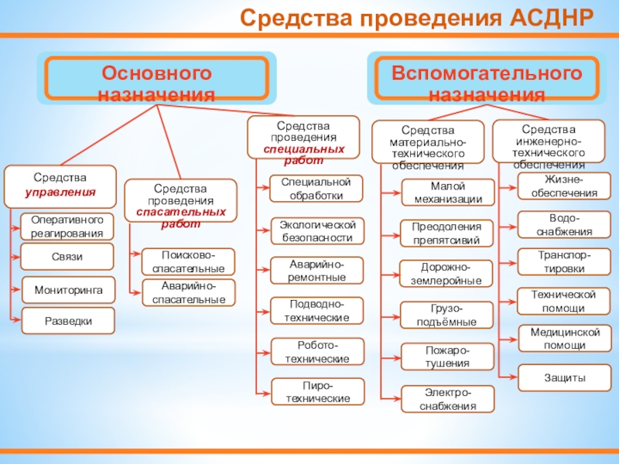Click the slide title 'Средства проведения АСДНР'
(417, 17)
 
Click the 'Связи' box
(67, 257)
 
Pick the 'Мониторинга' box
(68, 289)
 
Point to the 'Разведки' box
(68, 320)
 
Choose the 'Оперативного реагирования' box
(67, 227)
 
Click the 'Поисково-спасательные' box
(189, 262)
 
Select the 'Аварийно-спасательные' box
(189, 292)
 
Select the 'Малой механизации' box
(448, 193)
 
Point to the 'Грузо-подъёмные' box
(448, 315)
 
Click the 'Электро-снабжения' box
(448, 399)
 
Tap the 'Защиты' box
(564, 378)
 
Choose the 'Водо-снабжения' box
(564, 224)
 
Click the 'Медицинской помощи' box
(564, 339)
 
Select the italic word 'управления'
(60, 192)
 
